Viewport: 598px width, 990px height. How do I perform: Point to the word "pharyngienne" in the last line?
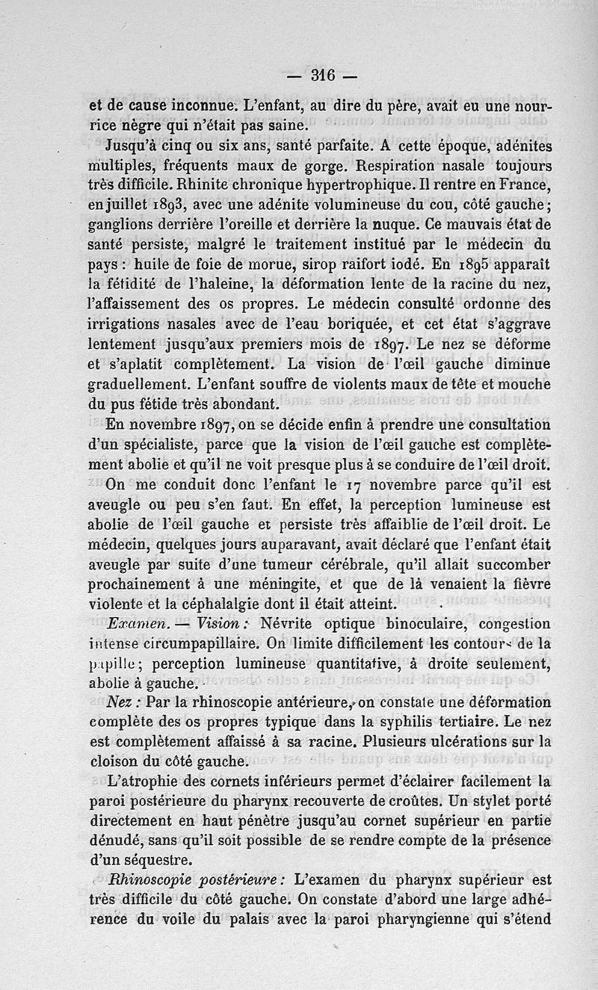click(425, 920)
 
